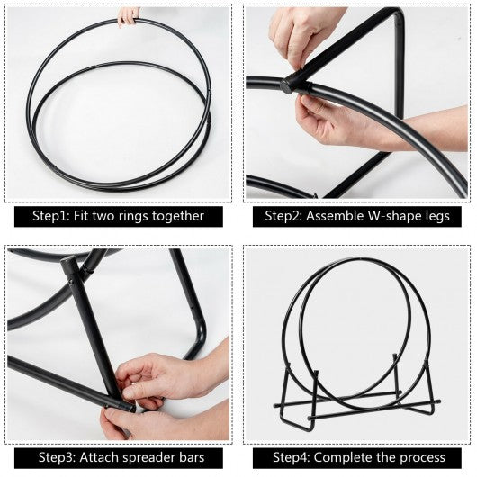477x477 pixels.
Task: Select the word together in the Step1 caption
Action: point(178,217)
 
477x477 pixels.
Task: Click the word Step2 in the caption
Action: point(283,216)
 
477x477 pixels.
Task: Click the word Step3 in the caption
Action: point(58,457)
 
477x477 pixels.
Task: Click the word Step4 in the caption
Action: point(292,457)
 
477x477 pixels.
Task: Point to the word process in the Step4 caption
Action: point(422,458)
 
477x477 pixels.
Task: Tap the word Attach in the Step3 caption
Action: point(97,457)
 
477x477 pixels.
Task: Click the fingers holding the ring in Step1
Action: point(128,17)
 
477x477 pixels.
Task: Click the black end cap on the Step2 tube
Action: point(288,85)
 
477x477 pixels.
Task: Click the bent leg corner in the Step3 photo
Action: point(198,335)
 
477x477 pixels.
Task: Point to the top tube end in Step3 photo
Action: point(67,261)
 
